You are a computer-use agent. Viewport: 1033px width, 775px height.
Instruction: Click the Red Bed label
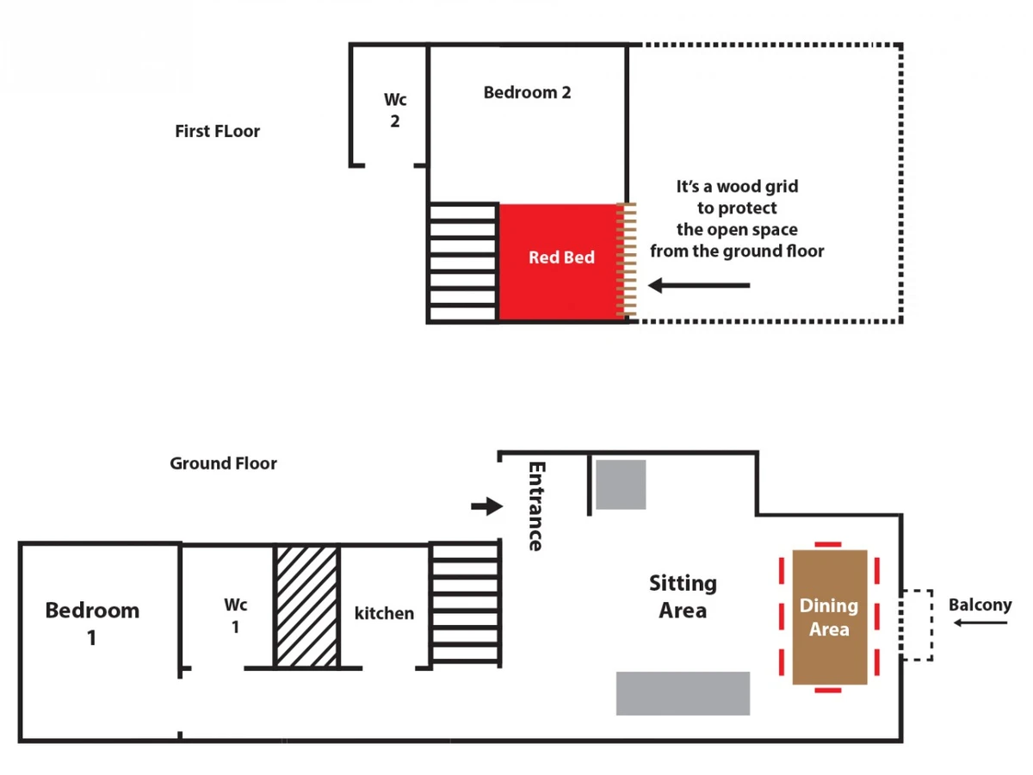point(561,257)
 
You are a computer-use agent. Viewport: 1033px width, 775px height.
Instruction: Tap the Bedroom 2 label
point(527,92)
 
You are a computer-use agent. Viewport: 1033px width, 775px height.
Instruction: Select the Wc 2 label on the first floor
point(395,110)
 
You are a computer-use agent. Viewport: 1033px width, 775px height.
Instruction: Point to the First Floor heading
point(217,131)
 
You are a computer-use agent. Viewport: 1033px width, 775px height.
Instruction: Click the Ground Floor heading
point(223,463)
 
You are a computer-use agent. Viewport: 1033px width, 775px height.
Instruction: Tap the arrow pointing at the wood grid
point(699,285)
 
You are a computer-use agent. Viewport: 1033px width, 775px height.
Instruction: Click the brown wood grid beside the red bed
point(627,260)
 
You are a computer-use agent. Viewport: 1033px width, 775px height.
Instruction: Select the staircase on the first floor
point(463,263)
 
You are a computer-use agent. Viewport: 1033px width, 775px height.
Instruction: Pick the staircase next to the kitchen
point(465,604)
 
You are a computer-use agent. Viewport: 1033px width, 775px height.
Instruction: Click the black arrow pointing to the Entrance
point(487,506)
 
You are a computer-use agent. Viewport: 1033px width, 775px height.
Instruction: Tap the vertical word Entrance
point(536,505)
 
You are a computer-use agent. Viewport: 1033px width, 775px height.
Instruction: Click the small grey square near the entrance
point(621,484)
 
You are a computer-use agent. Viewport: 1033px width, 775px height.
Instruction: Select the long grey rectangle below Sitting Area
point(683,693)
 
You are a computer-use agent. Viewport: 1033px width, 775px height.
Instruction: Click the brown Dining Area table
point(830,617)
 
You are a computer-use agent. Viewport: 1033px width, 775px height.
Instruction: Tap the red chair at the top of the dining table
point(828,544)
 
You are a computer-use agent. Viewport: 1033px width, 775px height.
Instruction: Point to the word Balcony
point(980,604)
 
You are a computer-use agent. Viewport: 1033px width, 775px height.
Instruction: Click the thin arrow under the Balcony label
point(980,623)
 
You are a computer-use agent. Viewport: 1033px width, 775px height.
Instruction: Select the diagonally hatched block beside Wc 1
point(306,606)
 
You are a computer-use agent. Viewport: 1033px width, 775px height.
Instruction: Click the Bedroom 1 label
point(92,624)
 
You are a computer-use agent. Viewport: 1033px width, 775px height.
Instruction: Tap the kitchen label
point(384,613)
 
